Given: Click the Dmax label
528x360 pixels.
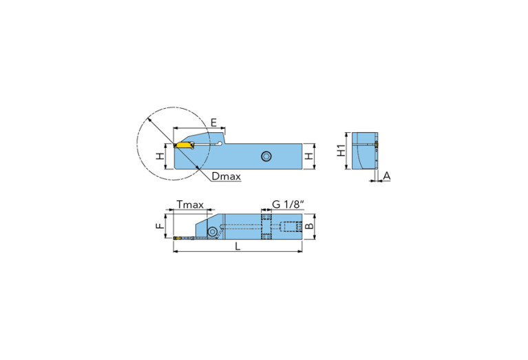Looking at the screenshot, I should tap(226, 177).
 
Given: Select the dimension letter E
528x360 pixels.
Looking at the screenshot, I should tap(214, 122).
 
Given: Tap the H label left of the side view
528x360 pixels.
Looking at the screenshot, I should tap(160, 156).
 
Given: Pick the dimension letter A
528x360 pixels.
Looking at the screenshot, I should tap(387, 176).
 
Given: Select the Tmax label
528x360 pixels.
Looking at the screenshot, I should tap(190, 204).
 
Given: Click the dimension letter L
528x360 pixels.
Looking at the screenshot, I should tap(238, 248).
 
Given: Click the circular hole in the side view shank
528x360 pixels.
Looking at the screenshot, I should tap(266, 156).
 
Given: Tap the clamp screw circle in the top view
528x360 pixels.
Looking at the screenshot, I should tap(213, 232).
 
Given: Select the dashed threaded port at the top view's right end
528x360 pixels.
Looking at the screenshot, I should tap(292, 226).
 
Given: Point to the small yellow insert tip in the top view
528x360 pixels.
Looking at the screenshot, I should tap(178, 238).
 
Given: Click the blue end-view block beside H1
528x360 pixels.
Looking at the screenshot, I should tap(363, 150).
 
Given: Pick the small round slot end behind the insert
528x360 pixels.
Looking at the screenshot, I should tap(219, 143).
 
